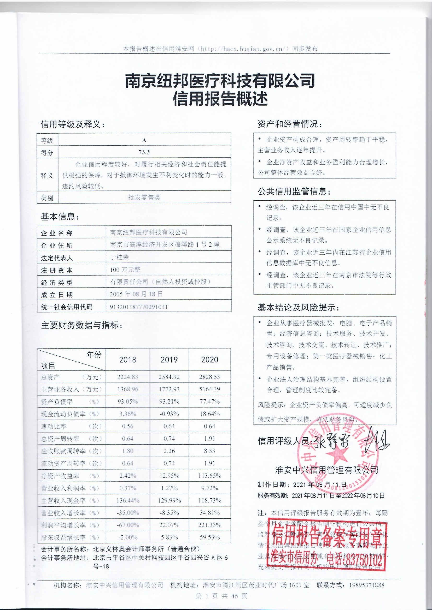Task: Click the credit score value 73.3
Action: point(144,152)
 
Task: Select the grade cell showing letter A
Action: point(144,140)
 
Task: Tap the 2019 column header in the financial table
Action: point(169,360)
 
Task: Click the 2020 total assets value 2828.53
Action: point(210,377)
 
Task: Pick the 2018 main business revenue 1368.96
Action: point(128,389)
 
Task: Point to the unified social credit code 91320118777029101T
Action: point(139,307)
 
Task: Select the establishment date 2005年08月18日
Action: point(136,294)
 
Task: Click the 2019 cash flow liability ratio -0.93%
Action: point(169,414)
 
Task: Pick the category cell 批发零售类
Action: point(144,198)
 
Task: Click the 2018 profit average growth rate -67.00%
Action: point(128,525)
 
